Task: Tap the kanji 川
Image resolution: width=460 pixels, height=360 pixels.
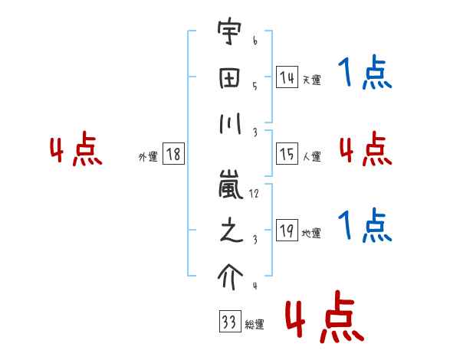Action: point(229,124)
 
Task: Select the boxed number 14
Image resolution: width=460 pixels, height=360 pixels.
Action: point(287,77)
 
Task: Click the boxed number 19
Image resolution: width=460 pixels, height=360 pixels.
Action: point(287,231)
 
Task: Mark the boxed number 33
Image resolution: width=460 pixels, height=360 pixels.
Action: point(228,322)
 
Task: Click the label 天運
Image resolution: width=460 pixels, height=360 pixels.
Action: point(311,80)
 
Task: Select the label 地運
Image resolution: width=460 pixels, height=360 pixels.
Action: point(311,233)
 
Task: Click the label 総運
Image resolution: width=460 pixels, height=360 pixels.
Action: point(254,324)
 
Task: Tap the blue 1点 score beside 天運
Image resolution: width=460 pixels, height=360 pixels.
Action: point(364,74)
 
